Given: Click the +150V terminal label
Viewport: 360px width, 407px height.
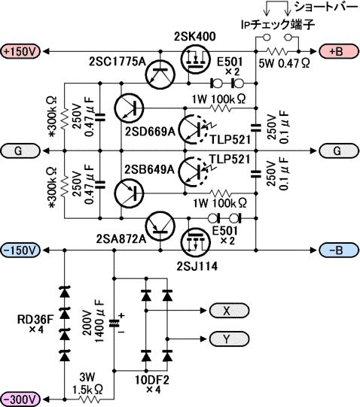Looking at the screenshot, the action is coord(20,51).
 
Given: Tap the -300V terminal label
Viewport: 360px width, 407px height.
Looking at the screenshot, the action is coord(20,399).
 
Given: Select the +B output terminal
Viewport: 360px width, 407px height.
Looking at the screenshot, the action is coord(339,51).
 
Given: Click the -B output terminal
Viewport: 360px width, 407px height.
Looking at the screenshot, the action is coord(339,250).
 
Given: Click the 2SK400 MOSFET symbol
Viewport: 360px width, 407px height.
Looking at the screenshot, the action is coord(195,60).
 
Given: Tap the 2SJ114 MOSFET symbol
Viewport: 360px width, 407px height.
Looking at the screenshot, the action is coord(195,241).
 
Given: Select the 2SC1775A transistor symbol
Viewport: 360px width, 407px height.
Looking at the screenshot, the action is coord(160,74).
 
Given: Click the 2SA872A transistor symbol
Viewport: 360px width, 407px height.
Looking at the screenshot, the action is coord(160,226).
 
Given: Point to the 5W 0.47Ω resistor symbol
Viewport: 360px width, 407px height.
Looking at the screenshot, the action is coord(277,51).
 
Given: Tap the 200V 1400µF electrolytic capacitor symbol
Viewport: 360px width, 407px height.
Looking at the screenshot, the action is coord(114,323).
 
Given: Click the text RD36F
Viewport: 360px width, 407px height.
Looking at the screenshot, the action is coord(35,320).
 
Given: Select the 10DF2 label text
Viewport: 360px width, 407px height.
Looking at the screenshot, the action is coord(152,380).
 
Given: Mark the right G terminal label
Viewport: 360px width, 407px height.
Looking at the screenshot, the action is coord(339,150).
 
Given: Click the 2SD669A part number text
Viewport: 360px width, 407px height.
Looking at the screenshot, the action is coord(150,132).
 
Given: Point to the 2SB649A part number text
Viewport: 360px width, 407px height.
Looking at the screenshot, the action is coord(149,169).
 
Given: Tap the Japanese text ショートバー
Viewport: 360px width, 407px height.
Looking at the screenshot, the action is coord(326,7).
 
